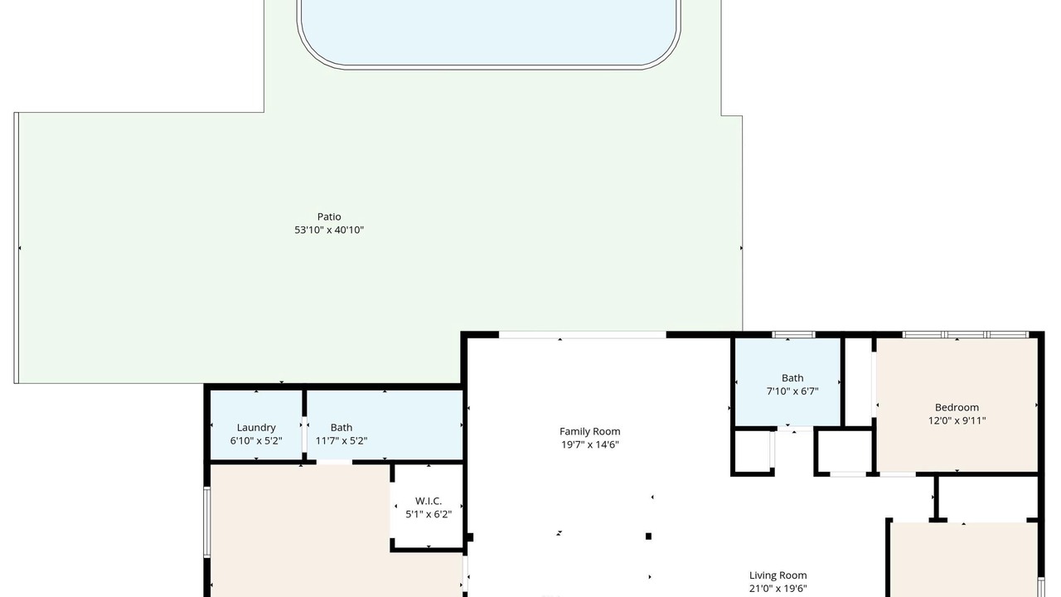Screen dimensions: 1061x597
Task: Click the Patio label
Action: pos(329,216)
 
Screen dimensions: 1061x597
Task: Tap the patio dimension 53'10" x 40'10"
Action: pos(329,230)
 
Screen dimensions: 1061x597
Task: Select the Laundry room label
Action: pos(256,428)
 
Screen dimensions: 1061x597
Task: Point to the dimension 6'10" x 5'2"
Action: pos(256,440)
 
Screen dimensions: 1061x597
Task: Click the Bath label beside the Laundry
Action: pos(341,427)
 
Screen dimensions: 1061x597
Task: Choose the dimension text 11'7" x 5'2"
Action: pos(341,440)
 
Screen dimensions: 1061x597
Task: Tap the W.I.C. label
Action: pos(429,501)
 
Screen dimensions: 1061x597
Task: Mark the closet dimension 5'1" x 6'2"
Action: pos(429,514)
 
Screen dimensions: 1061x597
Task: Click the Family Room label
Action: pos(589,432)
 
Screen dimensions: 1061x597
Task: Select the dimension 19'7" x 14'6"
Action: pos(589,444)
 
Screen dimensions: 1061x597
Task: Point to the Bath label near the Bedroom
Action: pos(792,378)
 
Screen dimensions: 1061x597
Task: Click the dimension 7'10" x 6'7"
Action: pos(792,391)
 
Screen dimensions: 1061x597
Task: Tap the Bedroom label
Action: pos(957,407)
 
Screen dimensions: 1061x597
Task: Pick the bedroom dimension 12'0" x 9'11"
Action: pos(957,420)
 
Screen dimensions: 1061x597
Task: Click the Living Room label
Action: pos(778,575)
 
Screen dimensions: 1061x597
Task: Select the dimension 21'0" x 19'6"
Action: pos(778,589)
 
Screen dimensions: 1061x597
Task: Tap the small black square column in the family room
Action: pos(648,536)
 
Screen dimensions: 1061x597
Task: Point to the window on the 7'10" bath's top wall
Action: pos(793,334)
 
